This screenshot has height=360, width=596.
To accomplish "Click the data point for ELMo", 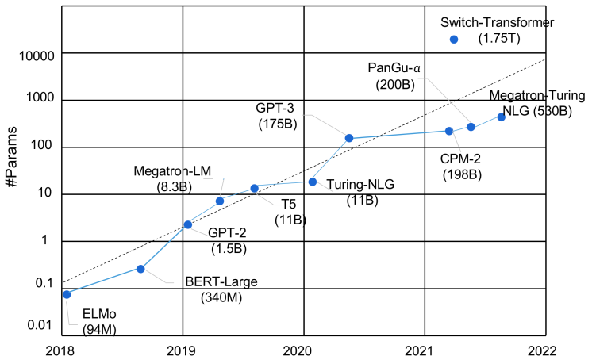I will click(67, 294).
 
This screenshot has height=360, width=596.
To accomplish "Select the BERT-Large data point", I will click(140, 269).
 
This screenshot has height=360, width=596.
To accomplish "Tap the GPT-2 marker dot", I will click(188, 224).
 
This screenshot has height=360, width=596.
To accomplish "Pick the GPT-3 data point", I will click(348, 138).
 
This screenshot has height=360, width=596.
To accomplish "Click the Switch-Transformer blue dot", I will click(454, 39).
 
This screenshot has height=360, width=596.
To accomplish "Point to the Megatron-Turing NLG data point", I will click(501, 117).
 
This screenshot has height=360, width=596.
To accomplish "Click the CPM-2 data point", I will click(449, 131).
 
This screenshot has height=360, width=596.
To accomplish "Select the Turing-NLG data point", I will click(313, 182).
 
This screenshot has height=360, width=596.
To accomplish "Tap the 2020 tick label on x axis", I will click(302, 350).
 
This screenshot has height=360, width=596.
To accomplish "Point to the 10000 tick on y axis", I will click(33, 56).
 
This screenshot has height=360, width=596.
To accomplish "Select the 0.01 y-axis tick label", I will click(38, 325).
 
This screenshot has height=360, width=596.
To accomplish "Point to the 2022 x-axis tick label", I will click(544, 350).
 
